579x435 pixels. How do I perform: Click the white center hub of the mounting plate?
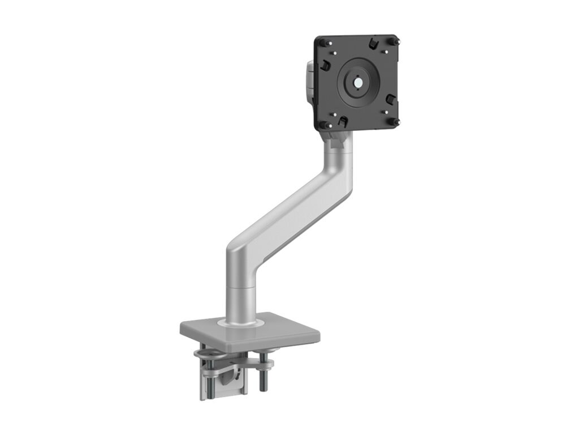coord(358,82)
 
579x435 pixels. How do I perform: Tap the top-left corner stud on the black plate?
coord(322,42)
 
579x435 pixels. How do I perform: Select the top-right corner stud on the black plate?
coord(395,41)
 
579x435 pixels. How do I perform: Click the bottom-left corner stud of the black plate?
coord(322,124)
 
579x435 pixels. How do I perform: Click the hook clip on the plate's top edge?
coord(373,43)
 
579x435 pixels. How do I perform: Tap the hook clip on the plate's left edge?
coord(325,66)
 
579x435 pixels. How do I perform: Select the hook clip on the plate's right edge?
coord(391,100)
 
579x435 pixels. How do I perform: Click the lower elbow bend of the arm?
coord(240,255)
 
